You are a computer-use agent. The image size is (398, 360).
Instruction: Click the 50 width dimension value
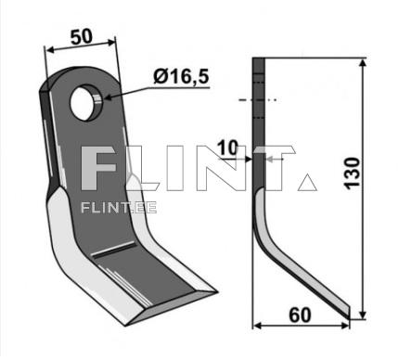(82, 36)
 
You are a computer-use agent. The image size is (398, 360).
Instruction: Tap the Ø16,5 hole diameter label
(181, 76)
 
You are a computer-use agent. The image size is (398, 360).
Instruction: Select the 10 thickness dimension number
(227, 148)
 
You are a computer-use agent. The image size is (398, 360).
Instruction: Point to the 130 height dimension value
(353, 173)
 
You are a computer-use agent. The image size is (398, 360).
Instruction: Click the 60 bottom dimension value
(300, 315)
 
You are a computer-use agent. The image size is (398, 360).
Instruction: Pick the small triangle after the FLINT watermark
(307, 182)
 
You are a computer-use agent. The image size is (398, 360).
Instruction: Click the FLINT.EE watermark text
(119, 208)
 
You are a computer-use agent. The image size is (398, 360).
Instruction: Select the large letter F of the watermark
(97, 168)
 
